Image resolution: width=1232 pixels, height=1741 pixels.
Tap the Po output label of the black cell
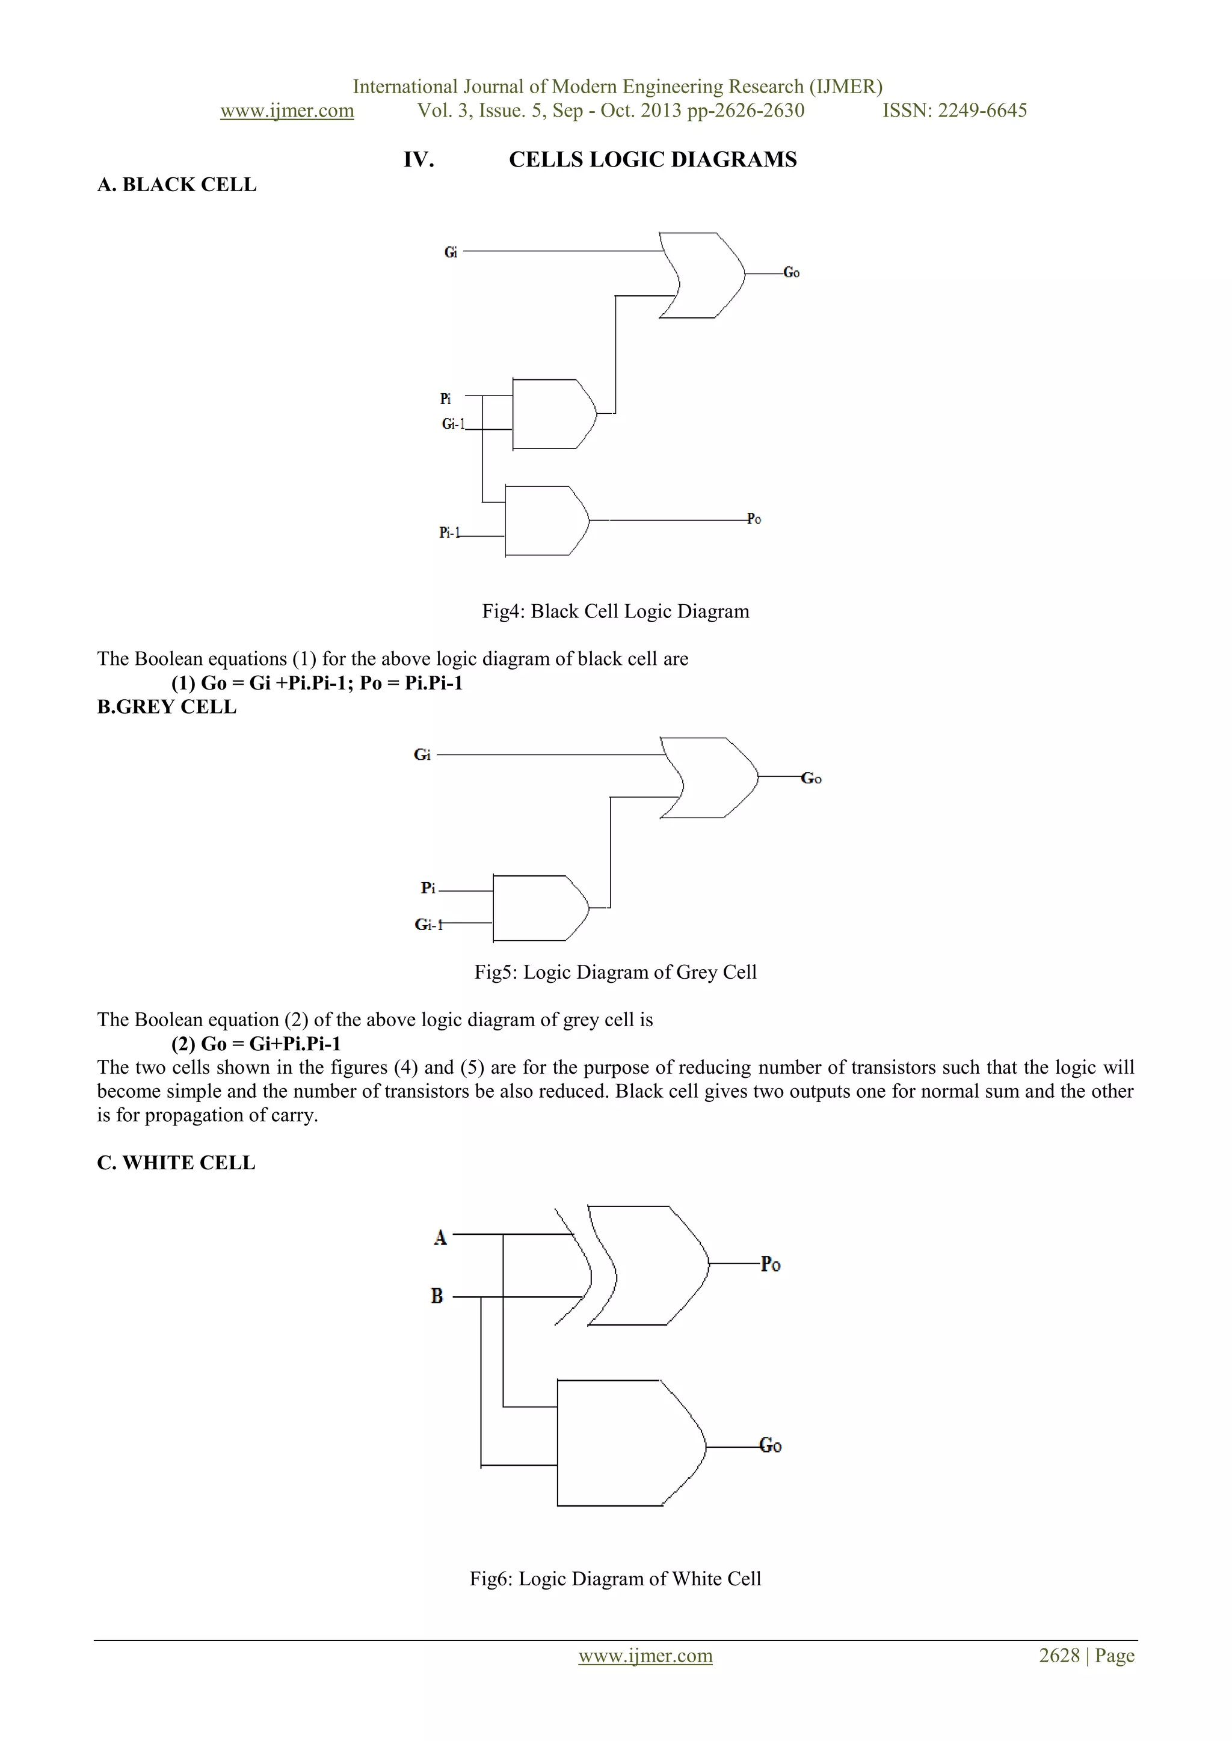coord(754,519)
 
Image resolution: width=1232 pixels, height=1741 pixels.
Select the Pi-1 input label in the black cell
coord(449,533)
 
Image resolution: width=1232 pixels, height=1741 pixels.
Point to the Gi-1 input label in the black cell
coord(453,424)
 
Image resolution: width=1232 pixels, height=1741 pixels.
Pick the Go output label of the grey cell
coord(811,778)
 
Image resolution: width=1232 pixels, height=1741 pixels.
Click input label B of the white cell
coord(437,1296)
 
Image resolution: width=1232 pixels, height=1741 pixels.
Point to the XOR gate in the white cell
coord(645,1265)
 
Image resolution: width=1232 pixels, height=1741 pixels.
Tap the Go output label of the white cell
coord(771,1445)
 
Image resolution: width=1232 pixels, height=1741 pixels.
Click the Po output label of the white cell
coord(771,1264)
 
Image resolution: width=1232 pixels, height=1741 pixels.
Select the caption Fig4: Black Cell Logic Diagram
coord(615,611)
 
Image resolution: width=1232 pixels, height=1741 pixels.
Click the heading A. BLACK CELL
coord(177,185)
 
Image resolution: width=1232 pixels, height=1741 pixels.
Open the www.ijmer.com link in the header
coord(287,111)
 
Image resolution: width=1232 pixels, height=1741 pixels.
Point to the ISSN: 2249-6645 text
coord(954,111)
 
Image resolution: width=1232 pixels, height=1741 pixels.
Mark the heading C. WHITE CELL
coord(176,1163)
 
